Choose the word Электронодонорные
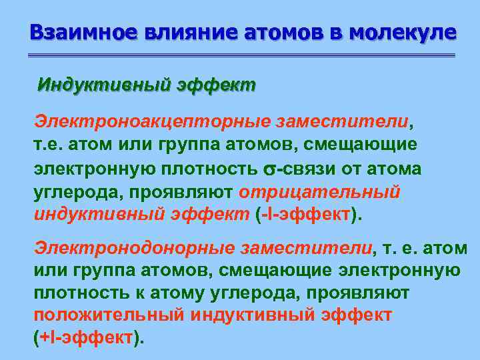point(134,248)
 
